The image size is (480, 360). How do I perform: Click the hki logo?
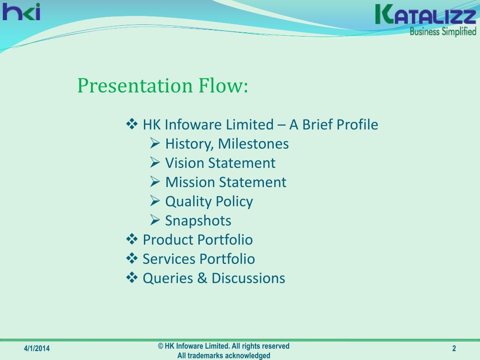point(21,12)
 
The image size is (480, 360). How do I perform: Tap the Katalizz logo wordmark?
point(426,15)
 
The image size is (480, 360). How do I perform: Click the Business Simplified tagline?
point(443,31)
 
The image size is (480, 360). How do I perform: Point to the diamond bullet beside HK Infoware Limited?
point(132,124)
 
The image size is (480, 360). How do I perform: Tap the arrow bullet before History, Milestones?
point(155,143)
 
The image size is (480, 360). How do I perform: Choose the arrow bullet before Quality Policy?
point(155,201)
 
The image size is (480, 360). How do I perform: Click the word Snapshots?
point(198,221)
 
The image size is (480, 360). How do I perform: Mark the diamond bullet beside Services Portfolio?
point(132,258)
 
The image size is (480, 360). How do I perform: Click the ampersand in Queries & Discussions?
point(202,278)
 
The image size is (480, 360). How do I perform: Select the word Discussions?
point(248,278)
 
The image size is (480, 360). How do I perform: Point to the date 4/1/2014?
point(37,348)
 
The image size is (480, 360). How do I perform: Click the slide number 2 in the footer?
point(454,348)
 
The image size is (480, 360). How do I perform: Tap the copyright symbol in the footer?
point(161,346)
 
